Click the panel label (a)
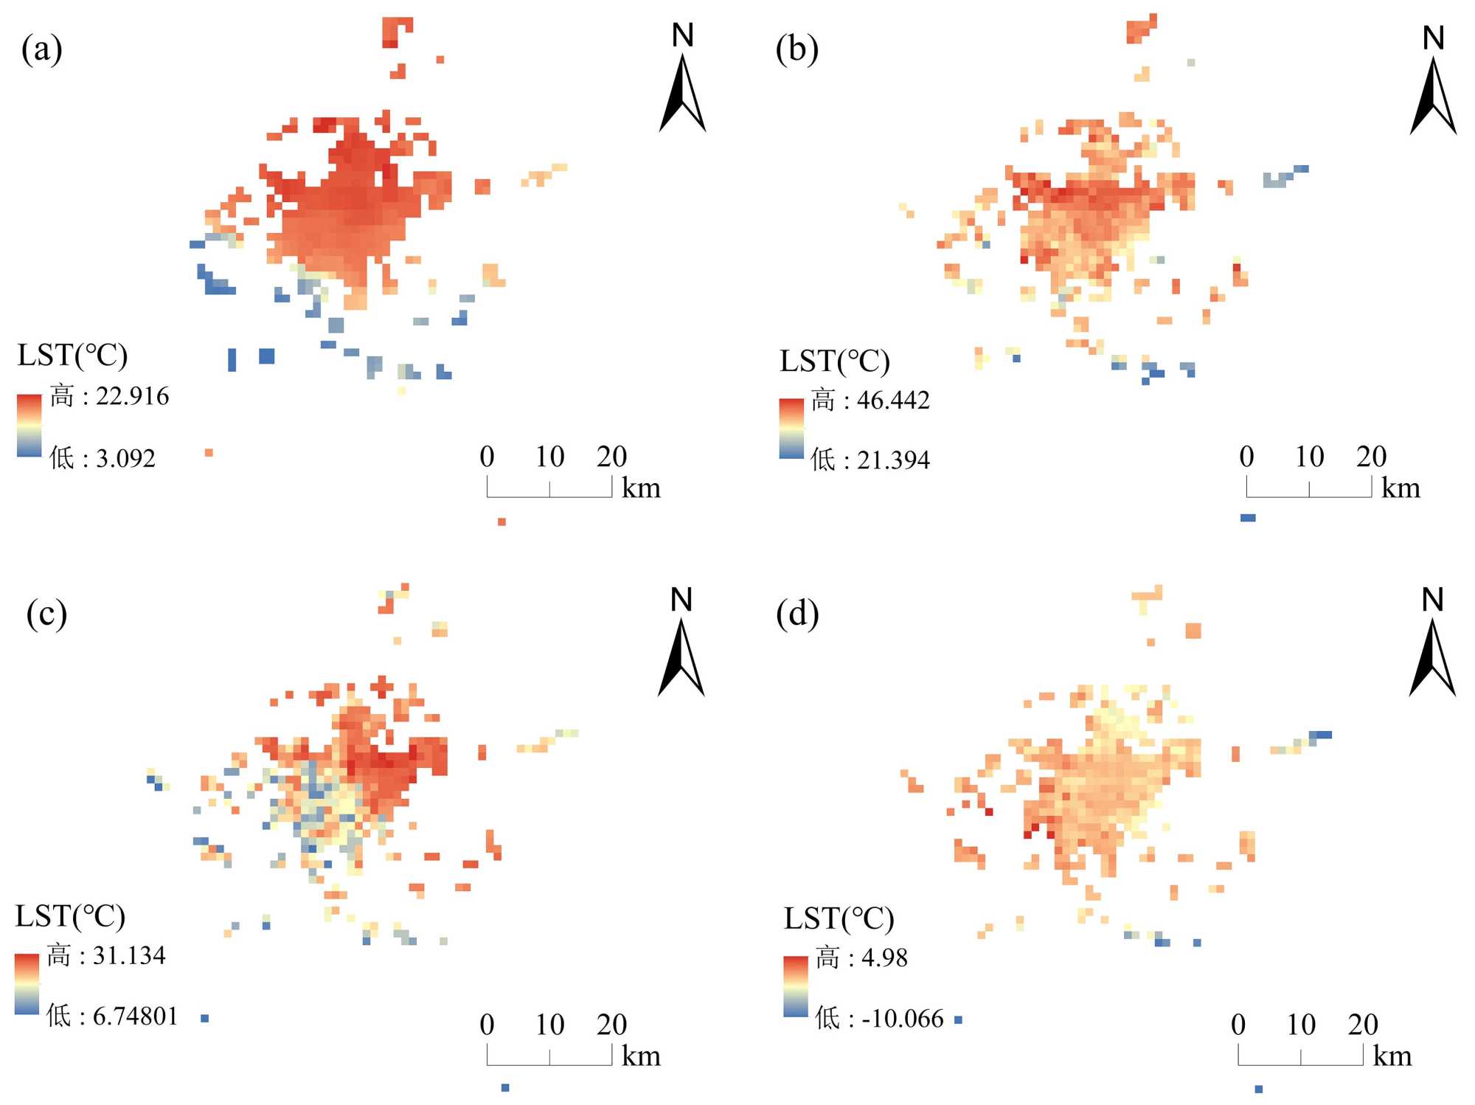42,49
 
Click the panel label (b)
796,49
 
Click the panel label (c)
46,614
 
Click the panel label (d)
797,614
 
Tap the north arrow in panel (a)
682,92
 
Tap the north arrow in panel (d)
1432,657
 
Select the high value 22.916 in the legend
132,396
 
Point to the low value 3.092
125,459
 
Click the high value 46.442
893,401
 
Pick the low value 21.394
893,460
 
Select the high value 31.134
129,956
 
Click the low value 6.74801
135,1016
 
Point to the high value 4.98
884,958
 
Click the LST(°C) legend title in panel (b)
835,361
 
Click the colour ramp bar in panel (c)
27,984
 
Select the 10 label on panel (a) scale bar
549,457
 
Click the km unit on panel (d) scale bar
1392,1056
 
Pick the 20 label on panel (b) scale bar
1371,457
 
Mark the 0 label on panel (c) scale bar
487,1025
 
